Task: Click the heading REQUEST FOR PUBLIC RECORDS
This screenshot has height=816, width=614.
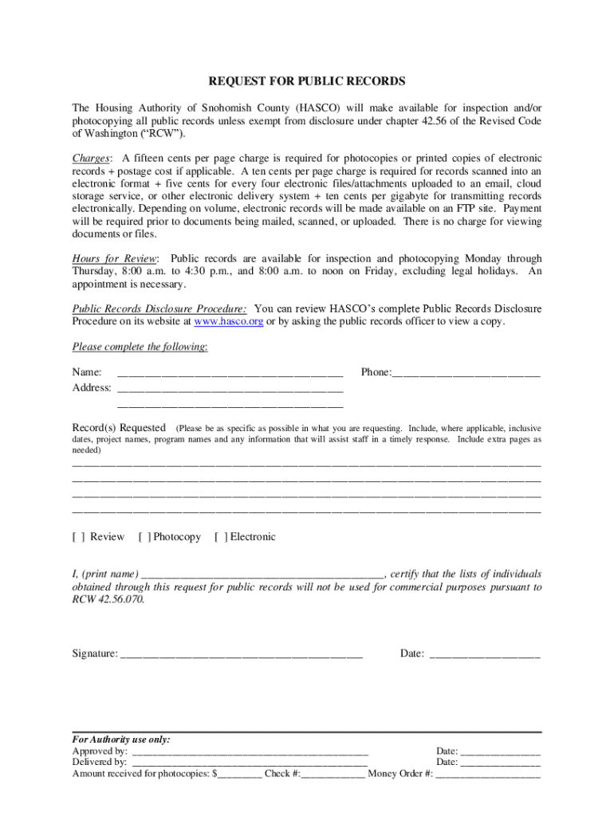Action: point(307,81)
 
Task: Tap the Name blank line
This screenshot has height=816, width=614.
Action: point(230,374)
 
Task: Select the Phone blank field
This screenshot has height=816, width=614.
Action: point(466,374)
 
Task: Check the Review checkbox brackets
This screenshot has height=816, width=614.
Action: point(79,537)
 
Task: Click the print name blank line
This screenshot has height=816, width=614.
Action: point(262,575)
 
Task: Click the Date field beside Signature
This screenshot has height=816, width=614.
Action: point(484,655)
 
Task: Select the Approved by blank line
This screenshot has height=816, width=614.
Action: point(250,751)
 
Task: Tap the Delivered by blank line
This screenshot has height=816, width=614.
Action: point(249,763)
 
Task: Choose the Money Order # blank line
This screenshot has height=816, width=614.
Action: point(488,774)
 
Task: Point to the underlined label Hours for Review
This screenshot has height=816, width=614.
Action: point(115,259)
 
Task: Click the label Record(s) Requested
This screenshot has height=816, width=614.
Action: point(119,427)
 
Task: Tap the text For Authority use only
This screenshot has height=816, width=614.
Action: point(121,739)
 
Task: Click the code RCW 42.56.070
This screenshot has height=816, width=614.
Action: point(108,600)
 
